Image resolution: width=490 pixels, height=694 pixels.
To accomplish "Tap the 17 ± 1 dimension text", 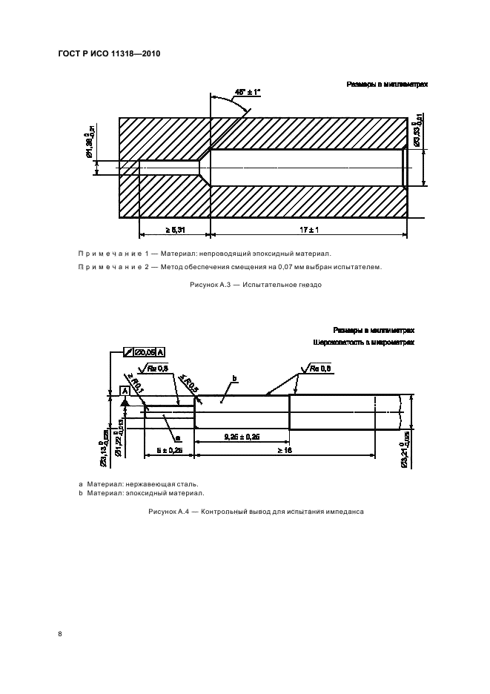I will [309, 231].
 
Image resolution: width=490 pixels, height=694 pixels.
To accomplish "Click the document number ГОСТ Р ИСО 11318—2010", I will [109, 54].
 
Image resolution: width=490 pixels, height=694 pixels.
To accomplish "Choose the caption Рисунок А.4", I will [256, 512].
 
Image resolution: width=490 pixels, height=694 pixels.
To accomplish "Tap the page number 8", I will [60, 634].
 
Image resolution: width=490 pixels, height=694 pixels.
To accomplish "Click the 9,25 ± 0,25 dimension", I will [242, 438].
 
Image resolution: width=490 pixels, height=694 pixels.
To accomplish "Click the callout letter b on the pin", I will [234, 379].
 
